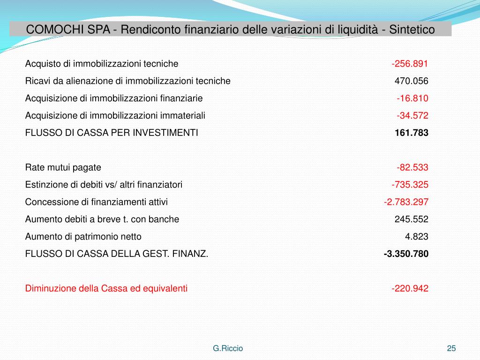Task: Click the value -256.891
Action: tap(410, 64)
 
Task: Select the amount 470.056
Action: tap(411, 81)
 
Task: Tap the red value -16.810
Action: tap(412, 98)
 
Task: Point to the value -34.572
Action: tap(412, 115)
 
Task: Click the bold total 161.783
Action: tap(411, 133)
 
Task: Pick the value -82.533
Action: tap(412, 167)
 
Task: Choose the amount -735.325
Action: tap(410, 185)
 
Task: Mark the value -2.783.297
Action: tap(406, 202)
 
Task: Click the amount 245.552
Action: tap(411, 219)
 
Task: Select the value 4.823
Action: tap(416, 236)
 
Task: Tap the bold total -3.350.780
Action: tap(406, 254)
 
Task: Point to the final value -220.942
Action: tap(410, 289)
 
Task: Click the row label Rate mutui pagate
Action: tap(63, 167)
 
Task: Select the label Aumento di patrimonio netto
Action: tap(83, 236)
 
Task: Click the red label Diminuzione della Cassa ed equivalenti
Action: tap(106, 289)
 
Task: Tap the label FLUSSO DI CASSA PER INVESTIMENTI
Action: tap(112, 133)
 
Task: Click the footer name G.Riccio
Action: tap(228, 348)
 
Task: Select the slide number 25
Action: tap(451, 348)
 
